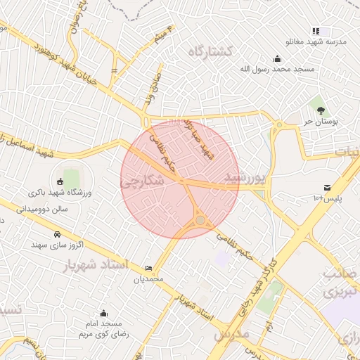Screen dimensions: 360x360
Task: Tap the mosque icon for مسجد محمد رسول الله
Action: [x=278, y=58]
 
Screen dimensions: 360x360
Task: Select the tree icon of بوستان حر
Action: [x=320, y=110]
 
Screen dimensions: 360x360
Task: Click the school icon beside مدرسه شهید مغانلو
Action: [x=316, y=31]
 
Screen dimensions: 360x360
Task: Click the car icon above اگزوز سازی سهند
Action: [x=56, y=233]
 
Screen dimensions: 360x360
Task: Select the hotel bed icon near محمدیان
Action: [x=148, y=268]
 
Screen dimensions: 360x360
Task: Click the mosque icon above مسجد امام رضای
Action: [x=104, y=313]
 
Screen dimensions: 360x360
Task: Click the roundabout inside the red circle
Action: [x=200, y=221]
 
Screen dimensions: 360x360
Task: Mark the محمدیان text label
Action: [x=148, y=278]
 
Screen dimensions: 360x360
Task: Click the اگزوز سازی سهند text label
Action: [x=58, y=245]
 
